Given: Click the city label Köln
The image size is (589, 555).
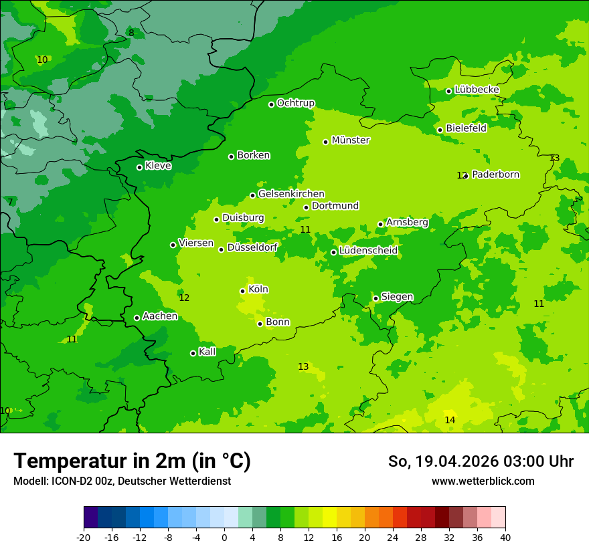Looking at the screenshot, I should point(258,290).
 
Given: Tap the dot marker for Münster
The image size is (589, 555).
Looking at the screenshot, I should point(326,142).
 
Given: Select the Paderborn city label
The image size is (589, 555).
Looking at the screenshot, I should point(495,175).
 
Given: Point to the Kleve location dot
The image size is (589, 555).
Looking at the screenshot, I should point(139,167).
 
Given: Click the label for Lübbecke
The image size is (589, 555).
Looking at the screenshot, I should point(477,90).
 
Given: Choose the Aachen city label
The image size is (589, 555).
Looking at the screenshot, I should point(160,316).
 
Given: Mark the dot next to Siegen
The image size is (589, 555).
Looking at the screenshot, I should point(376,298).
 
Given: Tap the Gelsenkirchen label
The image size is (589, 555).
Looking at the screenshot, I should point(291,194).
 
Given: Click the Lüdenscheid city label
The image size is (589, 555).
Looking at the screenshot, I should point(368,251).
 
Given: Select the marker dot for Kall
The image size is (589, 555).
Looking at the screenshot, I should point(193,353).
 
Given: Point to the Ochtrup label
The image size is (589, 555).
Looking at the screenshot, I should point(296,103).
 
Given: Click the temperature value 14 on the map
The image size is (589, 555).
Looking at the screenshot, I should point(450,420).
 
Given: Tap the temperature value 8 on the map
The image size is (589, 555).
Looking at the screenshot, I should point(131,33).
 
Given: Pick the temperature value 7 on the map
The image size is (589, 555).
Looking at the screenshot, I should point(10,202).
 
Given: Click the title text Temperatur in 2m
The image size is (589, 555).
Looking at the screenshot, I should point(132,461).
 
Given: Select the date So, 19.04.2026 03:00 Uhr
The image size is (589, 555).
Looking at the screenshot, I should point(481,461).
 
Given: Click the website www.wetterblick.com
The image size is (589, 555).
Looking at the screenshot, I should point(483,481).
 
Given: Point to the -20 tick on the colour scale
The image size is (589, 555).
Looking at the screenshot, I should point(84,537).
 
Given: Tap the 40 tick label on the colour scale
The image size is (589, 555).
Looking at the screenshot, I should point(505,537).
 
